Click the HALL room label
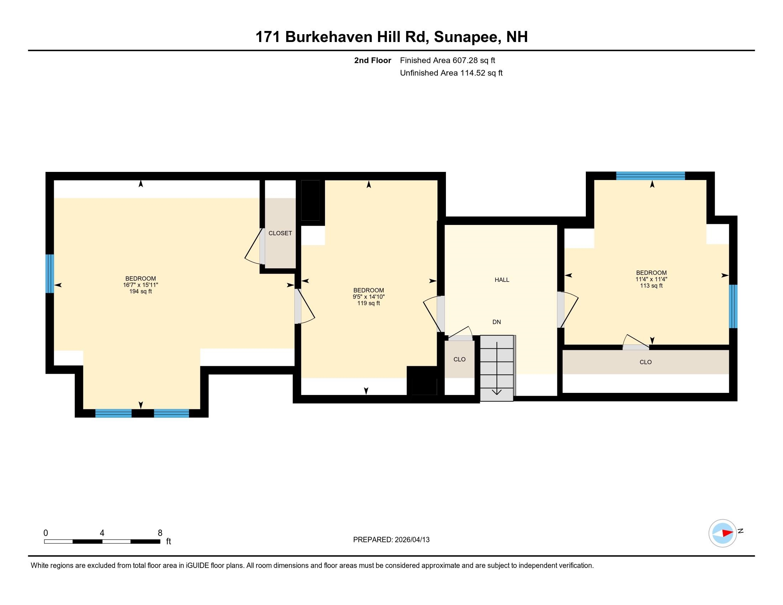click(501, 280)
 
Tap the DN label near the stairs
click(496, 322)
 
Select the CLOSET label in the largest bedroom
click(280, 233)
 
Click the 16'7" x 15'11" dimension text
click(140, 285)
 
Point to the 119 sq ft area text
click(368, 303)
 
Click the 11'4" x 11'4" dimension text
click(651, 279)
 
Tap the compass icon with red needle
click(722, 533)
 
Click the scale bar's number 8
click(160, 533)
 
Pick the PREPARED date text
click(391, 540)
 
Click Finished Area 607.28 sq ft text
click(447, 60)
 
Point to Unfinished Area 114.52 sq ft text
click(451, 73)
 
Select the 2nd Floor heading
click(372, 60)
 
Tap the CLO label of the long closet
click(645, 362)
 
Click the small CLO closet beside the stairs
click(459, 359)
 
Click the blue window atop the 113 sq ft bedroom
click(650, 175)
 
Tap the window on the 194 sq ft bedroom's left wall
click(50, 273)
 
